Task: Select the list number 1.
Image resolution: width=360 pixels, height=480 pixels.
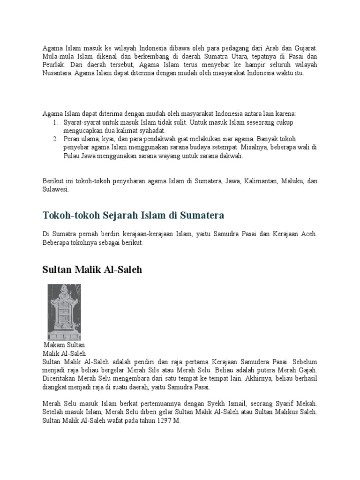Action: (54, 122)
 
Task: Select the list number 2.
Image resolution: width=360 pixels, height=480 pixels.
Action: (54, 139)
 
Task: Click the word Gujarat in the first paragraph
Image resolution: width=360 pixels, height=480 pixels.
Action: (305, 48)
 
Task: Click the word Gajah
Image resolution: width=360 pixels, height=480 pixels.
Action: (307, 370)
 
